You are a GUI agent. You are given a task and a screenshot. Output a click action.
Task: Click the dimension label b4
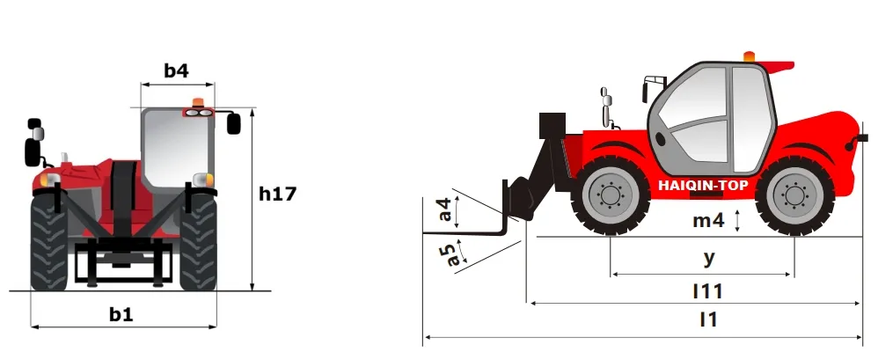pyautogui.click(x=177, y=70)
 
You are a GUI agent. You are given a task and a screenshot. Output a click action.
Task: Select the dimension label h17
pyautogui.click(x=276, y=195)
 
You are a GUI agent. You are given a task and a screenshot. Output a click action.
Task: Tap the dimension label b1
pyautogui.click(x=121, y=313)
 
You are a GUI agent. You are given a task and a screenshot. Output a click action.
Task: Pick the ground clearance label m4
pyautogui.click(x=707, y=221)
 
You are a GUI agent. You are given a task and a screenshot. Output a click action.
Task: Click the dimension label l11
pyautogui.click(x=707, y=290)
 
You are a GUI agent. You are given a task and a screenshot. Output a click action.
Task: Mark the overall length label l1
pyautogui.click(x=707, y=320)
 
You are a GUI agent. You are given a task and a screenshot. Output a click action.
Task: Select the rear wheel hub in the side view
pyautogui.click(x=794, y=195)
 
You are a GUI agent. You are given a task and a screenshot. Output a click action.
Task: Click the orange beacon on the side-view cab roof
pyautogui.click(x=749, y=57)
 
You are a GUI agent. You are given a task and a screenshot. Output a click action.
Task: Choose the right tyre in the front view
pyautogui.click(x=199, y=241)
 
